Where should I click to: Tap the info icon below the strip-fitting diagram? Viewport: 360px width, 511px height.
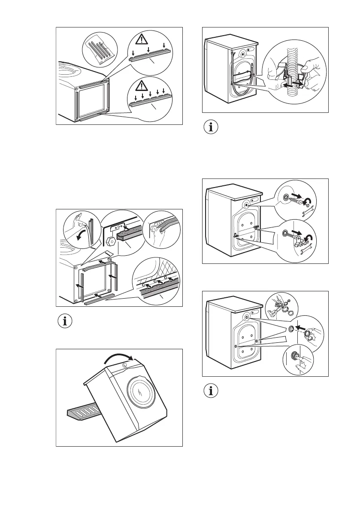click(x=65, y=322)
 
